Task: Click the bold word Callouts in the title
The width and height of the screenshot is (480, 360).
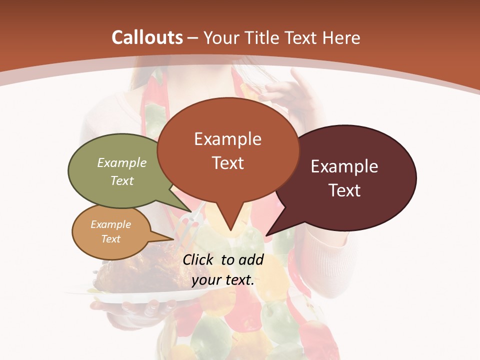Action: tap(147, 37)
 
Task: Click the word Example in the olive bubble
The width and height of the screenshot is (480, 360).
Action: tap(122, 163)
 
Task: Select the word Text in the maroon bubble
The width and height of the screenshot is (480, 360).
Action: tap(345, 190)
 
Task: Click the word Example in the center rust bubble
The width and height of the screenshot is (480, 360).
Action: tap(227, 139)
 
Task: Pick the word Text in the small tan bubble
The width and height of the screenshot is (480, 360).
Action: tap(111, 239)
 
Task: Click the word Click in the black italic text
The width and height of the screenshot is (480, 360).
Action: tap(199, 259)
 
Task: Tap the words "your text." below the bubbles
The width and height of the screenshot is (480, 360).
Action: tap(223, 280)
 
